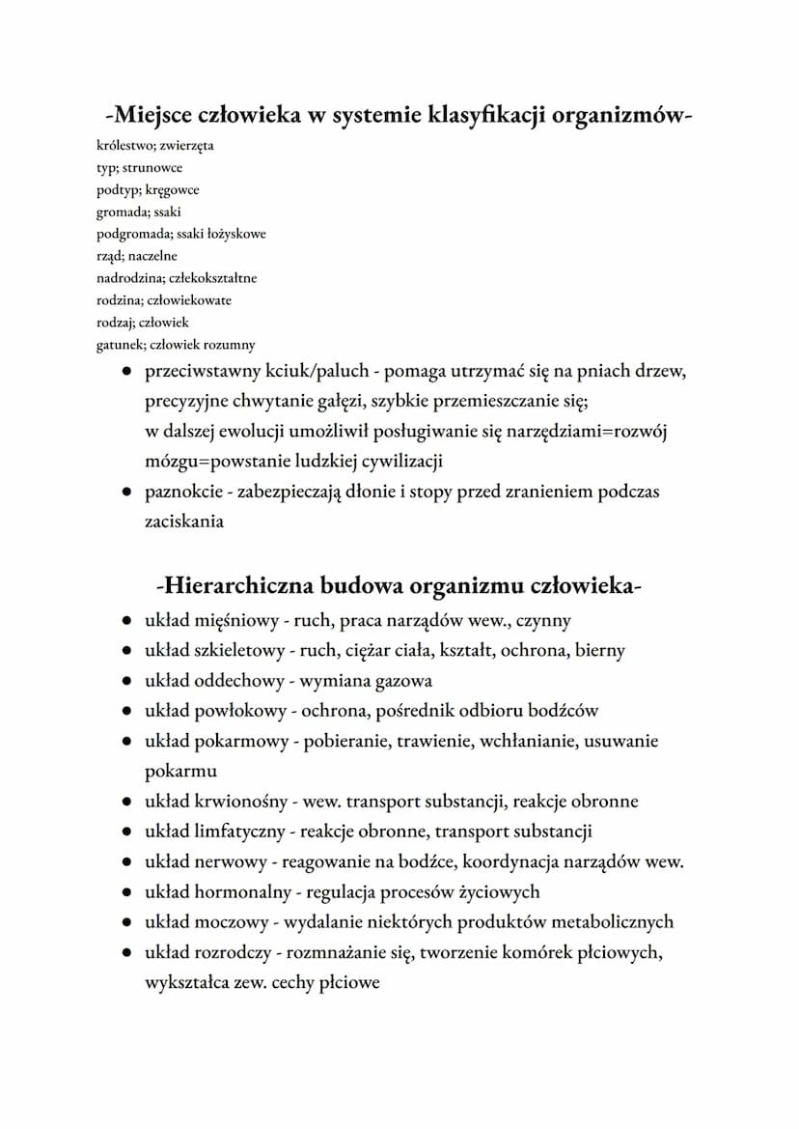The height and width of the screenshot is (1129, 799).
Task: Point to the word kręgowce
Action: pos(172,190)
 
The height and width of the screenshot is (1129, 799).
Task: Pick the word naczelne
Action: pos(146,256)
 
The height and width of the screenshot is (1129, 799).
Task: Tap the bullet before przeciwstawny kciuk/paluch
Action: pos(126,371)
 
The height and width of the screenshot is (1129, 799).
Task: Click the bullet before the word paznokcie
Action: pos(126,492)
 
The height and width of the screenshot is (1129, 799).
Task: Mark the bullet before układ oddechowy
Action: pos(126,682)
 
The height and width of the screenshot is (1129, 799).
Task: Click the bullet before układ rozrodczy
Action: pos(126,953)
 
